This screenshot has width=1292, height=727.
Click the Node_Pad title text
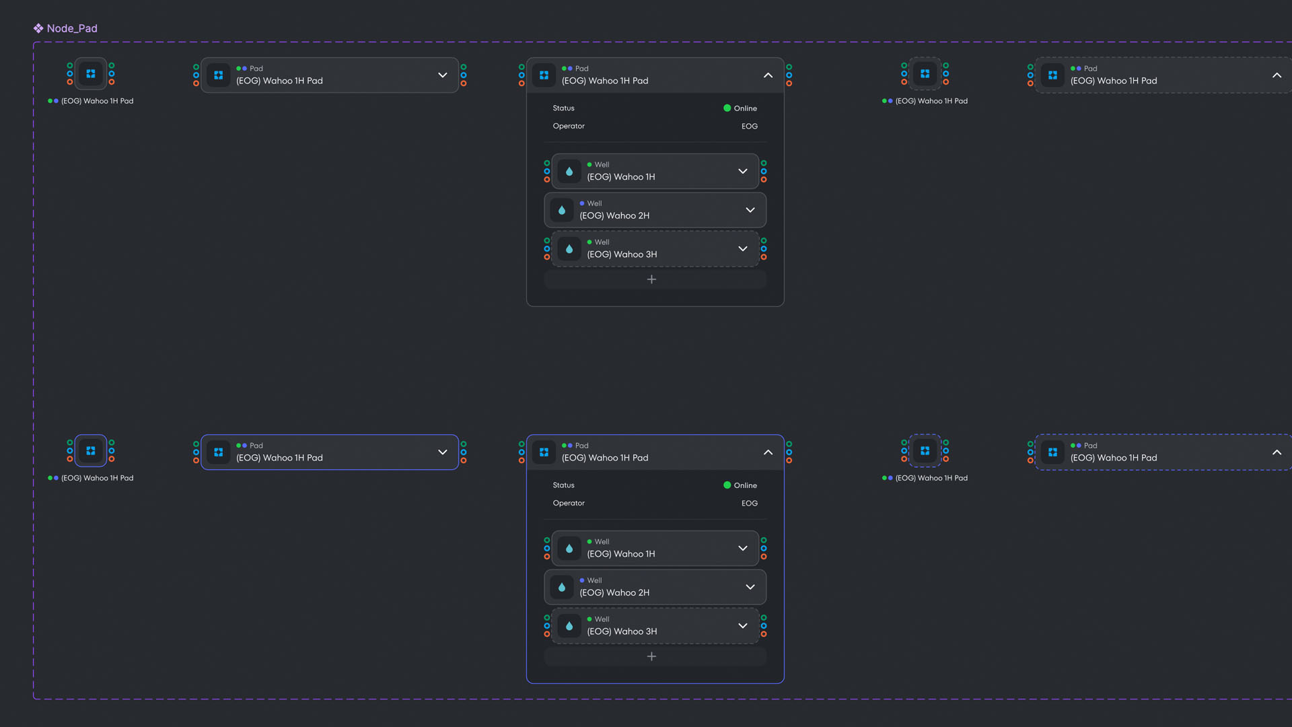click(72, 28)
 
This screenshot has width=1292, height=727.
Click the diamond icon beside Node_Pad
click(38, 28)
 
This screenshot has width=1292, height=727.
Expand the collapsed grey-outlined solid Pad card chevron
click(443, 75)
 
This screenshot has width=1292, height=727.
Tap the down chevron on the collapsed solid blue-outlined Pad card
click(443, 452)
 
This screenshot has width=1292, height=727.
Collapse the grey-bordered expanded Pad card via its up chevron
click(768, 75)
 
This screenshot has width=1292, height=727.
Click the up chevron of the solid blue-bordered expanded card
click(768, 452)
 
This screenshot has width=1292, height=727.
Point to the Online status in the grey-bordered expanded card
click(740, 108)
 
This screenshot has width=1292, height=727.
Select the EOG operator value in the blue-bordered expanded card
click(750, 504)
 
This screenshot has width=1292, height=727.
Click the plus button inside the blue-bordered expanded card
click(651, 656)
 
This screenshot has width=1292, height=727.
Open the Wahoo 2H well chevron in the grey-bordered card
click(750, 210)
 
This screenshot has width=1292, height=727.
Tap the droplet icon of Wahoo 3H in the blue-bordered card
click(569, 626)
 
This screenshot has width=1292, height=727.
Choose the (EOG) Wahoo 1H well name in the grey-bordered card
click(621, 177)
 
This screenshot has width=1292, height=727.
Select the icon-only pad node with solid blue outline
click(91, 451)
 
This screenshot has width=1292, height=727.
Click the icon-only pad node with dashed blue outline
click(925, 451)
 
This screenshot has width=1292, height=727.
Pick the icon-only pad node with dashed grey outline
click(925, 74)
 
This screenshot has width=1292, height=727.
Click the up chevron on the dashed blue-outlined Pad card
click(1277, 452)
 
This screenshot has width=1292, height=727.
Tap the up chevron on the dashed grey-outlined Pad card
click(1277, 75)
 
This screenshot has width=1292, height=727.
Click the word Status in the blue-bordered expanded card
click(564, 485)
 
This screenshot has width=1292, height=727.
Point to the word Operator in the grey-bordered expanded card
click(569, 127)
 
